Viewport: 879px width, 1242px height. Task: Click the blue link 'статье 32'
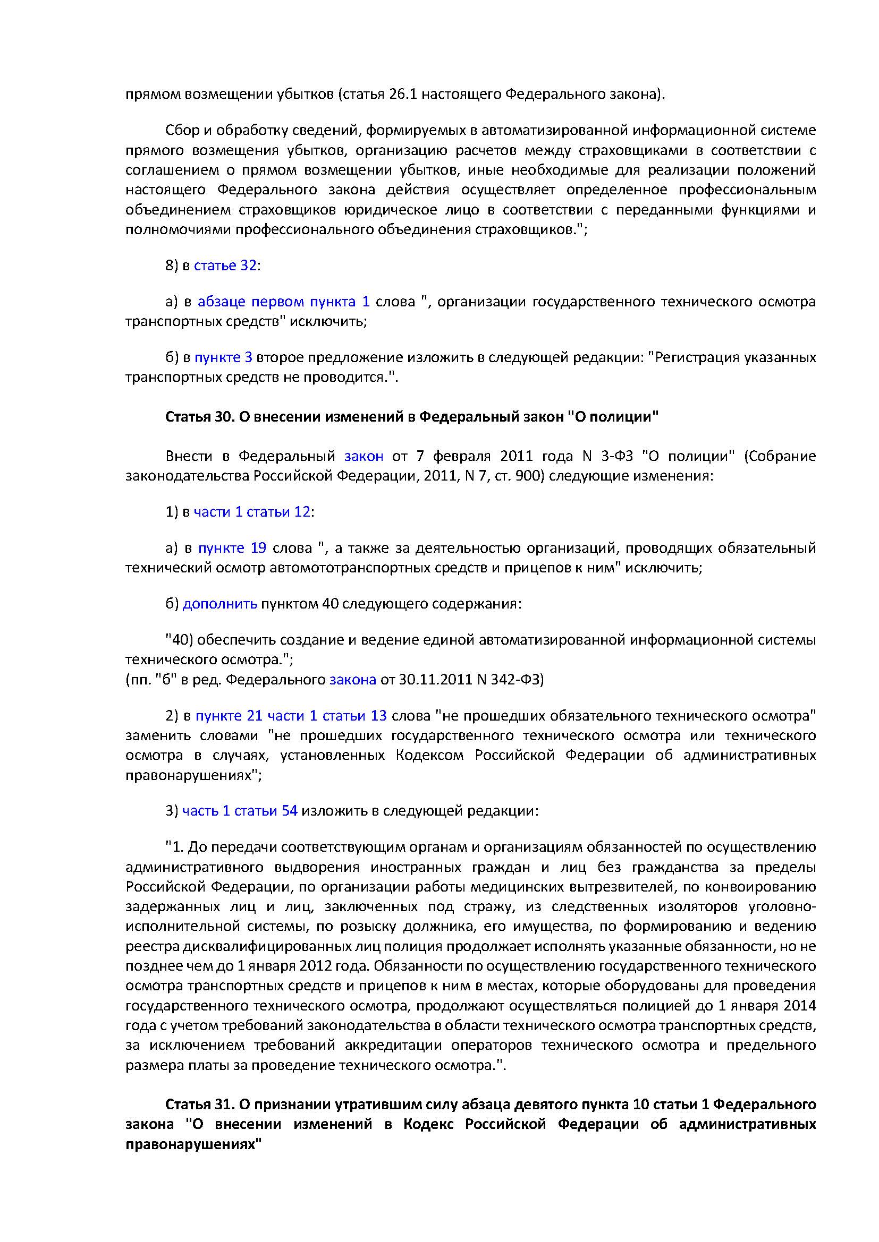225,265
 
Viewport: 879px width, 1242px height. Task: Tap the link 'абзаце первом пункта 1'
283,301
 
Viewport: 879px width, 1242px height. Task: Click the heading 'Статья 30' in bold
199,417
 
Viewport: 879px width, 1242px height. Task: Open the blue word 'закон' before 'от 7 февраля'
364,456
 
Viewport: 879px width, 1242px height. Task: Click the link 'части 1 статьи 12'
252,512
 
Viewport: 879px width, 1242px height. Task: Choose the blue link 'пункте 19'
232,548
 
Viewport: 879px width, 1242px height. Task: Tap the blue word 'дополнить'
220,604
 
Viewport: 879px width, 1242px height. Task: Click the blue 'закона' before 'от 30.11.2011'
352,680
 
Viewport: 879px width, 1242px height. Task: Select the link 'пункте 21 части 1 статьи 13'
291,716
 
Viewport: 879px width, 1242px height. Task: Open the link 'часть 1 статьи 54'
240,811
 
